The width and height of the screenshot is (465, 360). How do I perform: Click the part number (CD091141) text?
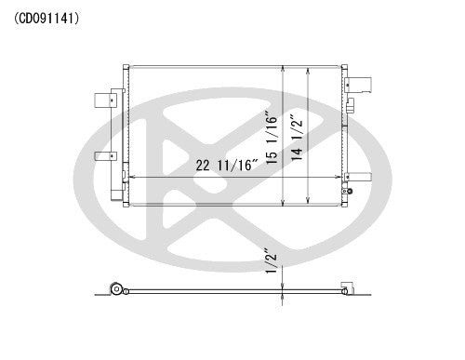click(x=46, y=16)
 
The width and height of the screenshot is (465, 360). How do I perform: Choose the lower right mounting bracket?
click(x=363, y=177)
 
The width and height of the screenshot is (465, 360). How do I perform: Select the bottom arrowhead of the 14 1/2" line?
click(x=310, y=199)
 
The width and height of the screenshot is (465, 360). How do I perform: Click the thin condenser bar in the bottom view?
click(x=232, y=292)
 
